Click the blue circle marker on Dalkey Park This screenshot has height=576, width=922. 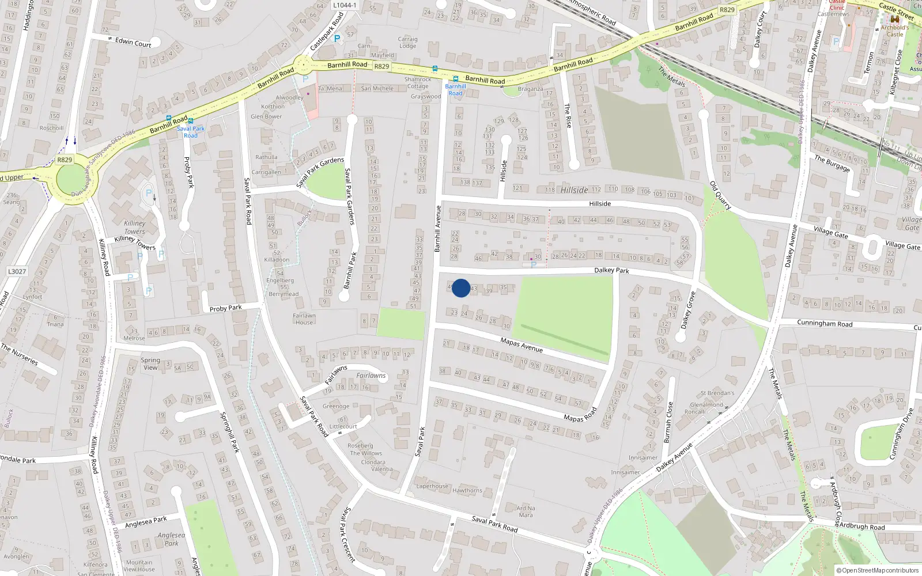(461, 288)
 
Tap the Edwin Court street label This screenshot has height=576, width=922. (133, 42)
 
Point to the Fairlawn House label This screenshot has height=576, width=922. (304, 319)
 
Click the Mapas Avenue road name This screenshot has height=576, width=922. (522, 344)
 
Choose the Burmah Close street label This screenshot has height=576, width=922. (668, 422)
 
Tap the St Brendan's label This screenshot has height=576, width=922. (717, 393)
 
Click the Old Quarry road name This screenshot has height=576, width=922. (720, 195)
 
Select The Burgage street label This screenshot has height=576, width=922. (832, 163)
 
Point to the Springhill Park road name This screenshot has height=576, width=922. (229, 431)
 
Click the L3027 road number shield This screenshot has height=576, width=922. (17, 271)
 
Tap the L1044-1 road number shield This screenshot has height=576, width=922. (345, 5)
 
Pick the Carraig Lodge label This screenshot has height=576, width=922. (407, 43)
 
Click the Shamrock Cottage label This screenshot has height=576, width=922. (418, 83)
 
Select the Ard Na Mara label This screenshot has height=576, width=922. (526, 511)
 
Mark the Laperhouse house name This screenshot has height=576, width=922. (432, 486)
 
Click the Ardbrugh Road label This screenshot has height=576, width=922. (861, 526)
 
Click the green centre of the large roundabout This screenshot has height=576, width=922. (74, 179)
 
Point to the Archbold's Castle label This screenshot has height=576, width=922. (895, 31)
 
